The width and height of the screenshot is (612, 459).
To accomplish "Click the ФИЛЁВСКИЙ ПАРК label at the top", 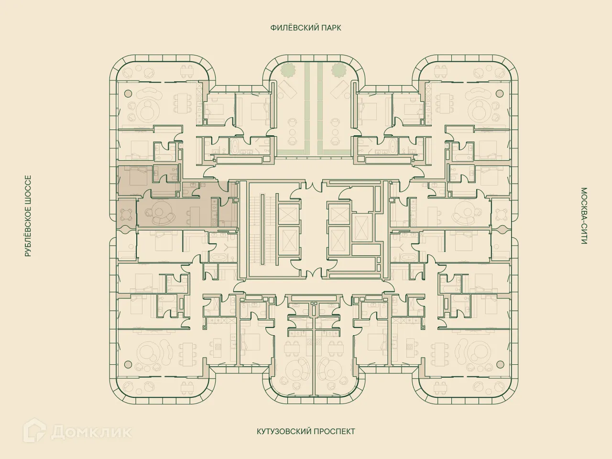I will point(306,28).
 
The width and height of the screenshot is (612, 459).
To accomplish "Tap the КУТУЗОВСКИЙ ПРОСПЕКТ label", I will point(306,431).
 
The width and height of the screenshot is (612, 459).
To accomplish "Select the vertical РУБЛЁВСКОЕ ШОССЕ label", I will point(28,216).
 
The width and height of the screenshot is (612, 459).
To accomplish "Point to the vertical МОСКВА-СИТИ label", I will point(584,216).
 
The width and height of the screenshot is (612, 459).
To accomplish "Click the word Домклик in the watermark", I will point(91,432).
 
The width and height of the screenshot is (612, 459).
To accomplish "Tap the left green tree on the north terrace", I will point(288,70).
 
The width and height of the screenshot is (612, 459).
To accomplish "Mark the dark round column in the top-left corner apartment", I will point(128,93).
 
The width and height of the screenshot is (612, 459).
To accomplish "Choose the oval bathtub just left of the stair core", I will point(220,257).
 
